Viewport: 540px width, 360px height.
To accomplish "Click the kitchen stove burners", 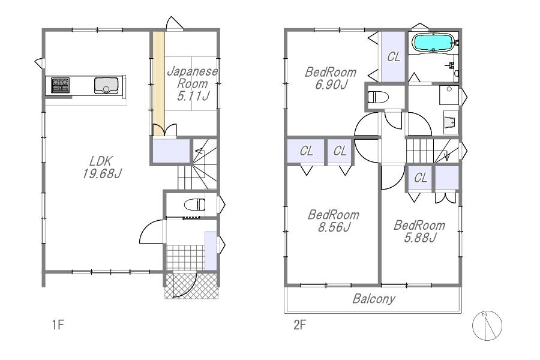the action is click(x=60, y=85).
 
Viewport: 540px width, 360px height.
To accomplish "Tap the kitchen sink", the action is click(x=106, y=85).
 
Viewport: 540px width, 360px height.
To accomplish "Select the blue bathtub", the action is click(x=433, y=43).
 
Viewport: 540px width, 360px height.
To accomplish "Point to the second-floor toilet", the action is click(x=378, y=97).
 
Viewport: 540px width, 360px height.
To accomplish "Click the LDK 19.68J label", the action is click(x=101, y=167).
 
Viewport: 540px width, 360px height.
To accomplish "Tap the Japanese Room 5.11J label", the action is click(x=193, y=83).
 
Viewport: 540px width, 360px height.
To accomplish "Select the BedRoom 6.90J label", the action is click(x=331, y=78).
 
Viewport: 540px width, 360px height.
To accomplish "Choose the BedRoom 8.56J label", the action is click(x=334, y=221).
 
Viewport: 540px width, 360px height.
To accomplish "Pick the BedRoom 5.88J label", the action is click(x=419, y=231).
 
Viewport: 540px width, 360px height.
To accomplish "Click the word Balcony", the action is click(x=374, y=299).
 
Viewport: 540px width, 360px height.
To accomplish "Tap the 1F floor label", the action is click(x=58, y=325).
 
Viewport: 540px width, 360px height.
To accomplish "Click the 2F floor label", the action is click(x=299, y=325).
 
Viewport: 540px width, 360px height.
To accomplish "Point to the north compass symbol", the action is click(x=487, y=326).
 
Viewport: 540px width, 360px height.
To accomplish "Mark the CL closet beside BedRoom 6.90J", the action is click(x=393, y=56).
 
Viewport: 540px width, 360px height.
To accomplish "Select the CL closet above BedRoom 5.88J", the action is click(x=420, y=178).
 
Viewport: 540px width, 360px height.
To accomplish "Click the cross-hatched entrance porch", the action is click(x=192, y=286).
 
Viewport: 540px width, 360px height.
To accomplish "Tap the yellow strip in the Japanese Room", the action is click(x=158, y=83).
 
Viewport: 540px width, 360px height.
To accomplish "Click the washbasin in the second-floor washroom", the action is click(x=451, y=122).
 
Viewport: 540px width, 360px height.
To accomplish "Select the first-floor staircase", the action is click(x=197, y=164).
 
